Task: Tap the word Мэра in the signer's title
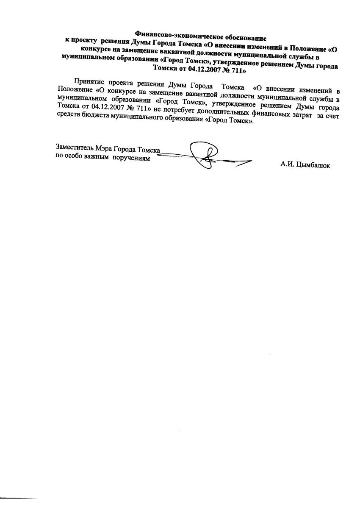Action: pyautogui.click(x=102, y=148)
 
